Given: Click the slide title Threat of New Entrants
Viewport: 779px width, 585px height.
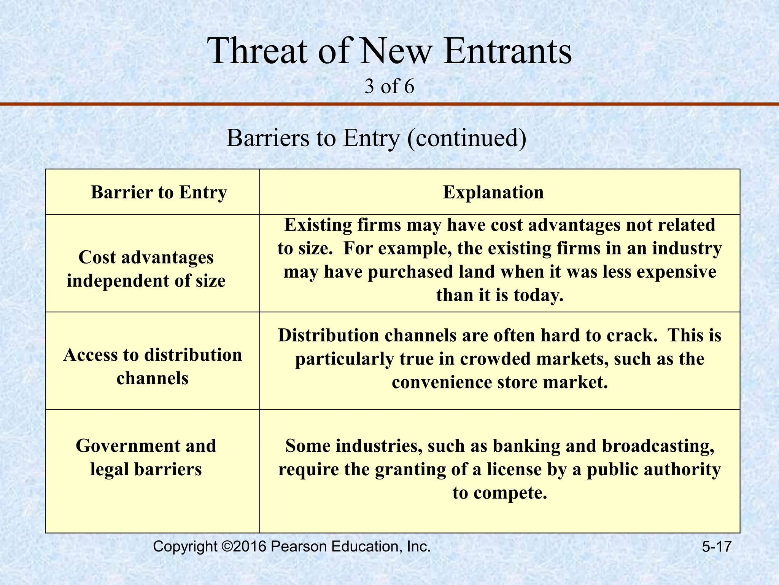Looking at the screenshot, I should [x=389, y=51].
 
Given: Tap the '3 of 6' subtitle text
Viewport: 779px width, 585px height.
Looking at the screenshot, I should [x=389, y=87].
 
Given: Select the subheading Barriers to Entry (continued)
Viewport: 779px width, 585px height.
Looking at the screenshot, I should [x=376, y=138].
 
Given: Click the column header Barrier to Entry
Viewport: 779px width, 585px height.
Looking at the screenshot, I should [x=159, y=192].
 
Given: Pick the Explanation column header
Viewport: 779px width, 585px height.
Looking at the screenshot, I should [x=493, y=192].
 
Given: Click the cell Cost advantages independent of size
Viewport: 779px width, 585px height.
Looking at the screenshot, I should [x=146, y=269].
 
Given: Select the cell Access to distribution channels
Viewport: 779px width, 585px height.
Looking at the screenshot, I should [x=153, y=366].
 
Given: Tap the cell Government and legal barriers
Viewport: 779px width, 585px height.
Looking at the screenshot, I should [x=146, y=457].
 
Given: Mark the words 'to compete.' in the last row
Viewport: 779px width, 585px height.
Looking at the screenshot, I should [x=499, y=493].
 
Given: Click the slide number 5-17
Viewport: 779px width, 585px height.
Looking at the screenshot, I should [x=717, y=547].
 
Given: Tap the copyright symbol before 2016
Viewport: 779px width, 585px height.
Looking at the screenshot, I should [x=226, y=547].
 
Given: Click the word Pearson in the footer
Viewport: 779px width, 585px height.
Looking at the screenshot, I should [x=299, y=547].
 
